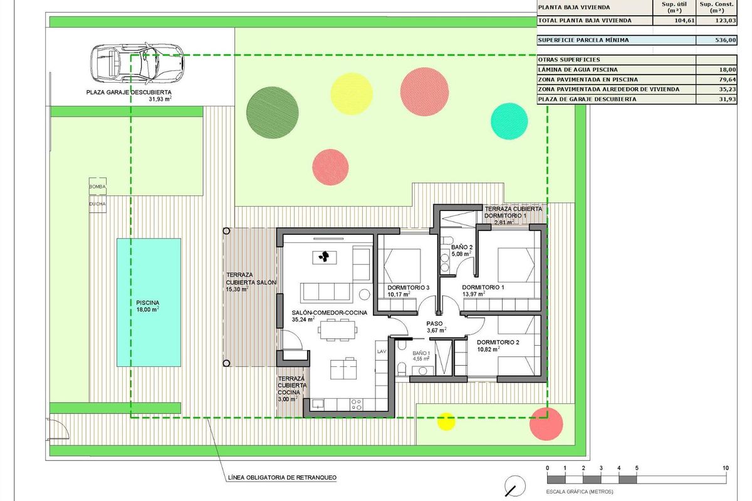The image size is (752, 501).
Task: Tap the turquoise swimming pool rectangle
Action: pos(149,302)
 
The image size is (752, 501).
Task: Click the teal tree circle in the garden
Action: pos(509,120)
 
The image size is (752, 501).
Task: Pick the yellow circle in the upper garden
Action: pos(351,94)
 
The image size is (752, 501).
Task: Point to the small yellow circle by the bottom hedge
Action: pos(446,421)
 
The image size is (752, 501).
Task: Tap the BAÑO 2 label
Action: pos(461,247)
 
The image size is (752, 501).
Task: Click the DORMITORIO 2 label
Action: pos(498,343)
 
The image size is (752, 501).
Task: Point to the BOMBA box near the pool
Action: pos(97,187)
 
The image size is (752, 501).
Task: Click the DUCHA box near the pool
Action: pos(97,204)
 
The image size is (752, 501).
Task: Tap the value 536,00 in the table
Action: pos(726,40)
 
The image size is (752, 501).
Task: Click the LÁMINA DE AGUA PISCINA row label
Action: pos(578,70)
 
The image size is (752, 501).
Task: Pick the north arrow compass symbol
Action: pos(514,485)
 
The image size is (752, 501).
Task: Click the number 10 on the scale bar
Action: pos(725,468)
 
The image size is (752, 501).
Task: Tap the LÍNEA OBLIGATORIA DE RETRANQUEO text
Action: pos(282,478)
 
